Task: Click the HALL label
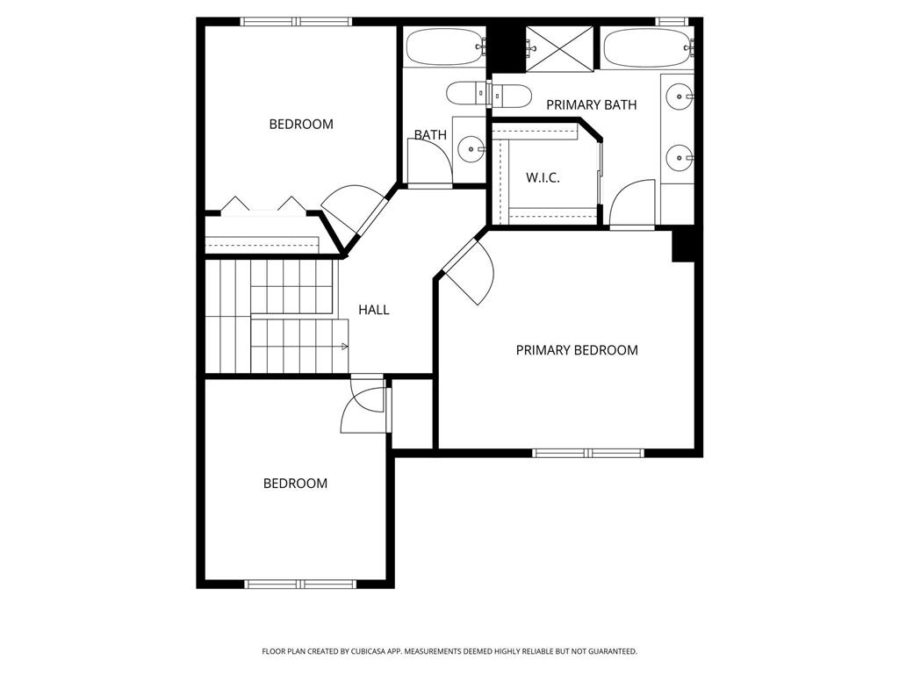[x=374, y=310]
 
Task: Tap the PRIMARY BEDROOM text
[x=577, y=350]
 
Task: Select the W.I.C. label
[x=543, y=177]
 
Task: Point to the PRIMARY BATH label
[x=591, y=105]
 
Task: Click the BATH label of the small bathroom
[x=430, y=134]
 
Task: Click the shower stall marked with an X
[x=559, y=49]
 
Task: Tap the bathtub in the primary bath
[x=648, y=48]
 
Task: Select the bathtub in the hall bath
[x=445, y=47]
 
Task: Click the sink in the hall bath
[x=471, y=149]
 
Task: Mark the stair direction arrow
[x=344, y=346]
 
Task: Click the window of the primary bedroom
[x=588, y=454]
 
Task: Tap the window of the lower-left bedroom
[x=300, y=584]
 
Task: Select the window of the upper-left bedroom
[x=296, y=22]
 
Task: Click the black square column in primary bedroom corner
[x=683, y=246]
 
